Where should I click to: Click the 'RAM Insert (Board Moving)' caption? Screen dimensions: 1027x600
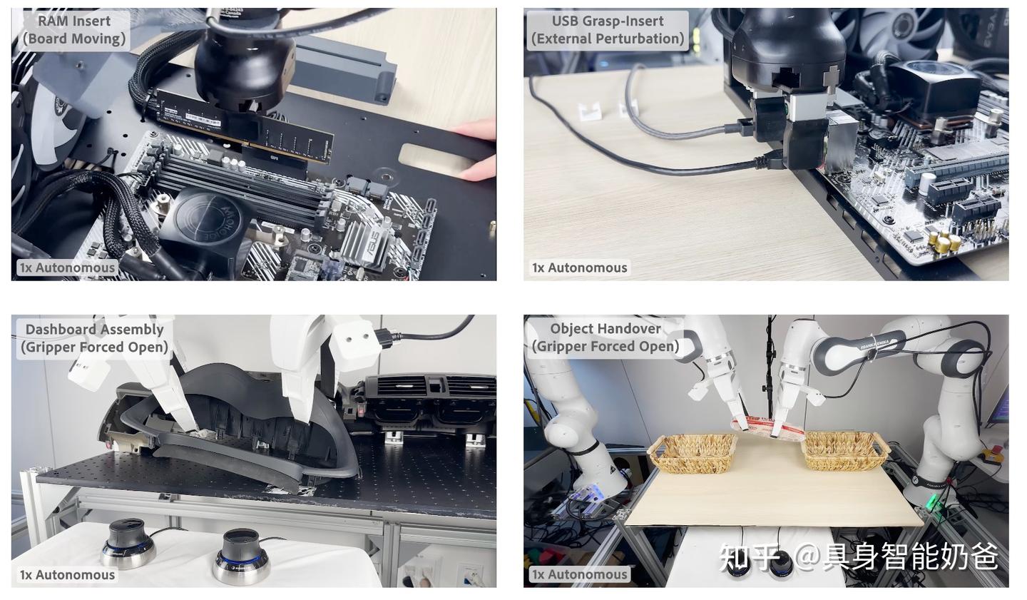point(74,30)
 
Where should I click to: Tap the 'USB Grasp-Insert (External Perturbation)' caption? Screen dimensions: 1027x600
point(608,30)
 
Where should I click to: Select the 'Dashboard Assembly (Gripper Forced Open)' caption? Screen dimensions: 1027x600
point(94,338)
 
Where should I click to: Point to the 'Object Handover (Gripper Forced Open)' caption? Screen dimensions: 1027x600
point(606,337)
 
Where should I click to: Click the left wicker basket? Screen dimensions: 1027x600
point(693,453)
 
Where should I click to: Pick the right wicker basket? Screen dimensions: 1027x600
point(846,450)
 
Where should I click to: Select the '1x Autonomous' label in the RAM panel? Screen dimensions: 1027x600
point(67,268)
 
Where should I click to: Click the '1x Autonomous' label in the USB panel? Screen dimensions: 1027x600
point(580,268)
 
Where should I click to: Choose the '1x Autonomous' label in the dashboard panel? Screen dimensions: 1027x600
point(67,574)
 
